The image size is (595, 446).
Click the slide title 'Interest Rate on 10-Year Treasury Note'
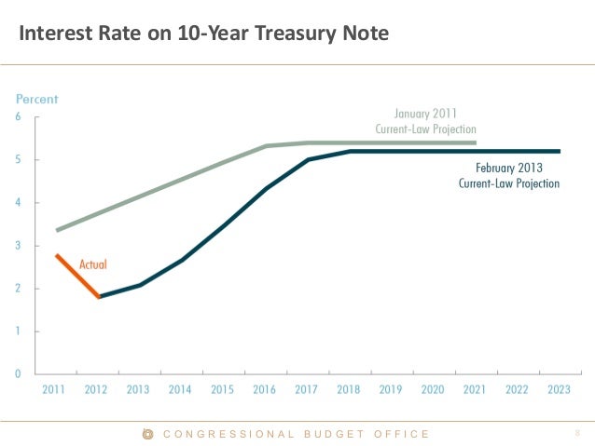204,35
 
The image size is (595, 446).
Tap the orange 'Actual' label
93,264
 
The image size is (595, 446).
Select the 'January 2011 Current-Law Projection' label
426,121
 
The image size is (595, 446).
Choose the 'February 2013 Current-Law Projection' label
509,175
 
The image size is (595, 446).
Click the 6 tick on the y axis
20,117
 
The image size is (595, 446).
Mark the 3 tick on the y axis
20,246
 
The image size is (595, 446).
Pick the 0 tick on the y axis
20,374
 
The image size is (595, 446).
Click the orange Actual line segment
77,276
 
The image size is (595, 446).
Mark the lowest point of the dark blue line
99,297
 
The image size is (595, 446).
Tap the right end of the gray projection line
476,143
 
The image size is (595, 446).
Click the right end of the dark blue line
560,151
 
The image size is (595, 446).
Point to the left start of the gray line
57,230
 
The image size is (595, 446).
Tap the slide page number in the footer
577,433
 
